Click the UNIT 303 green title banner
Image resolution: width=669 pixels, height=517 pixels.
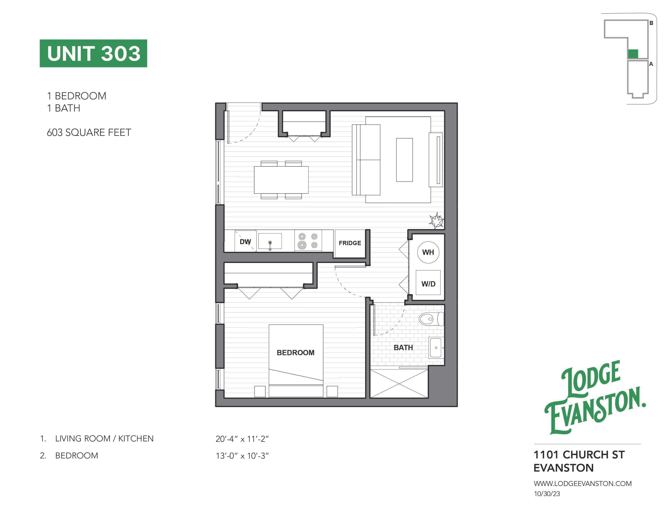[93, 53]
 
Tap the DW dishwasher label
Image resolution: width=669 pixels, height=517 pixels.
[245, 242]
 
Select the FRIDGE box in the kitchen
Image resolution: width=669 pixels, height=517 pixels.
[350, 243]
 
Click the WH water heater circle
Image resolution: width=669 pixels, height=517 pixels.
[428, 252]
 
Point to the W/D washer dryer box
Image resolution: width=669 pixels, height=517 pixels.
[428, 283]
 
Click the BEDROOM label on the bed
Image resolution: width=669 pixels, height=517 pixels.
[296, 353]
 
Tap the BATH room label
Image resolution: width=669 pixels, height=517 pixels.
[403, 348]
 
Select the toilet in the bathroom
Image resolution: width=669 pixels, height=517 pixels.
[431, 319]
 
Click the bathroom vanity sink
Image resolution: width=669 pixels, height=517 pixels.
[436, 348]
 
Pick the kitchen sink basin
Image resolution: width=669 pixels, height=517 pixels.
[270, 241]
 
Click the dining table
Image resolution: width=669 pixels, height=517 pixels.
[281, 180]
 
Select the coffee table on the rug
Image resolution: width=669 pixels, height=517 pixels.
[404, 160]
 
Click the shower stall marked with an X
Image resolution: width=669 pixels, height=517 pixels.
[399, 384]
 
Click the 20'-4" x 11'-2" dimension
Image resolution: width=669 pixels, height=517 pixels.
[242, 439]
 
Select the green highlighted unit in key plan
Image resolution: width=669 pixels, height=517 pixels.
[633, 54]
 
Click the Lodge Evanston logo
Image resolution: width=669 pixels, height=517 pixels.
[595, 397]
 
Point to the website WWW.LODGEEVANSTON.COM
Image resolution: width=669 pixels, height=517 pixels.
[583, 484]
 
